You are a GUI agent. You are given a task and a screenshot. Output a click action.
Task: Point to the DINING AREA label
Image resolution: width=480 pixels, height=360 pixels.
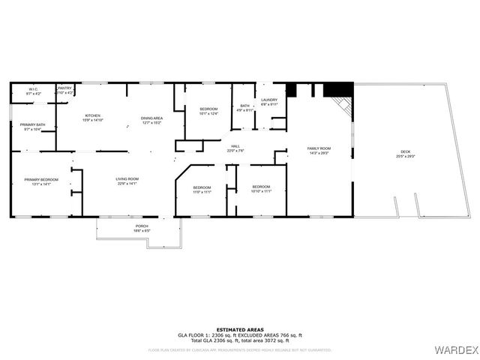(151, 118)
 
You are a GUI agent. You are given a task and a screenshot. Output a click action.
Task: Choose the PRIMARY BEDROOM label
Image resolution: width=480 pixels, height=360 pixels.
(41, 181)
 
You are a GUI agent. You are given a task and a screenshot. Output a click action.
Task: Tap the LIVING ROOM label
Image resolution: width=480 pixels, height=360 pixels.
(127, 178)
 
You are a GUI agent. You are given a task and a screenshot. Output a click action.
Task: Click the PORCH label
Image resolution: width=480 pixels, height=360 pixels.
(141, 227)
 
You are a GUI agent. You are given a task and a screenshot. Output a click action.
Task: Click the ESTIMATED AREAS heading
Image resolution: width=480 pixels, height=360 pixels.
(239, 328)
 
